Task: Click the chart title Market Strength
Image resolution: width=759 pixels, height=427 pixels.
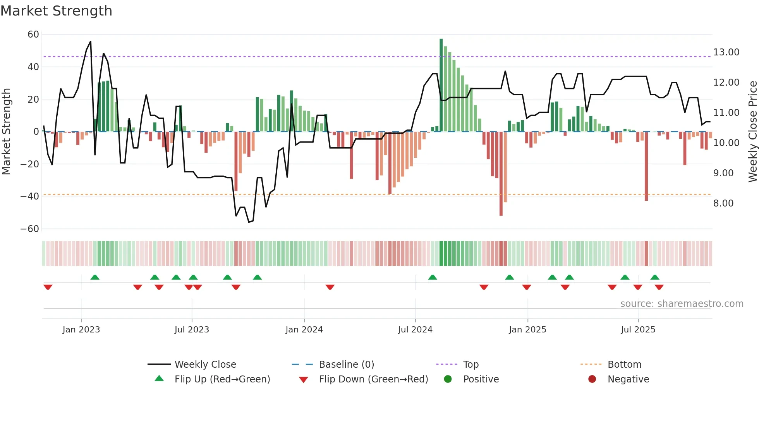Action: (x=56, y=11)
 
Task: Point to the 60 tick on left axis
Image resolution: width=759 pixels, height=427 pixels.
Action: (x=33, y=34)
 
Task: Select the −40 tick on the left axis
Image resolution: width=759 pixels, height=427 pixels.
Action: (x=30, y=196)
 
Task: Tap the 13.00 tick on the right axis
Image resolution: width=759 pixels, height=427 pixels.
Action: (x=726, y=52)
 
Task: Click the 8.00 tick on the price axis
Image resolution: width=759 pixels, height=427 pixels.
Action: (x=723, y=203)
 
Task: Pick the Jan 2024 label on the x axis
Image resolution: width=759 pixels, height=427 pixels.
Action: (x=304, y=330)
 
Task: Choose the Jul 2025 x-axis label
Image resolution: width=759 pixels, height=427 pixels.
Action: (x=638, y=330)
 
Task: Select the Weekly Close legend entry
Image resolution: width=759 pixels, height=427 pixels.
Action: (x=205, y=365)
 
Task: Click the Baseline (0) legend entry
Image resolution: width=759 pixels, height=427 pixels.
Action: (x=346, y=365)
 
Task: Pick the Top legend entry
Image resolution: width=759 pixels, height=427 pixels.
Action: (x=471, y=365)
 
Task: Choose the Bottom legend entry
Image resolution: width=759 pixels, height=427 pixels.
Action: (x=624, y=365)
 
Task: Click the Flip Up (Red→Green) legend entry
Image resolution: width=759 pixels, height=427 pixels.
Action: (x=222, y=379)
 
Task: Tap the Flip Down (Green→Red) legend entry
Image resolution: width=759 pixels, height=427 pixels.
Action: (x=373, y=379)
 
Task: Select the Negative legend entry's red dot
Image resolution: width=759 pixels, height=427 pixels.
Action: (x=592, y=379)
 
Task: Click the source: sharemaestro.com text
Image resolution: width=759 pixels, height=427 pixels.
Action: (x=682, y=304)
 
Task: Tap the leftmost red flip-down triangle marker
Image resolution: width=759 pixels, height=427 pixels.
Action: (x=48, y=287)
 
